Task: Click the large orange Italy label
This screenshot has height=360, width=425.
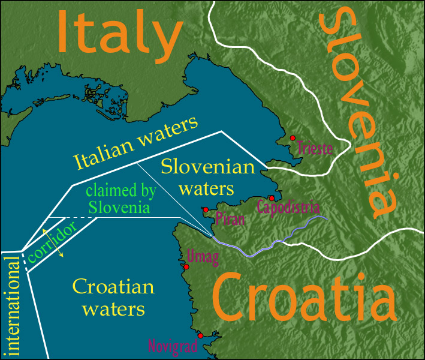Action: point(120,31)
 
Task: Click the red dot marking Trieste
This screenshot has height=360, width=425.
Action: point(293,138)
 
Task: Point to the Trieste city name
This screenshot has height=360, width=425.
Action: point(315,148)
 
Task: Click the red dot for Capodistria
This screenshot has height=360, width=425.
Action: point(272,198)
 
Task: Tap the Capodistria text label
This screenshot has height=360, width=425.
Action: point(287,208)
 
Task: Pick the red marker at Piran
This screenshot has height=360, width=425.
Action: point(206,209)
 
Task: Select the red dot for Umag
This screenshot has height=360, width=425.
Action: point(186,266)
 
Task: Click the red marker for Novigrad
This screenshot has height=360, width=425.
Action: point(200,335)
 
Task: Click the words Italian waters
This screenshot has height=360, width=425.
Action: point(135,143)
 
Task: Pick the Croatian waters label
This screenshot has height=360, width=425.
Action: point(113,298)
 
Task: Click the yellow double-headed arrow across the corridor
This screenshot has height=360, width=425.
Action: point(52,242)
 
